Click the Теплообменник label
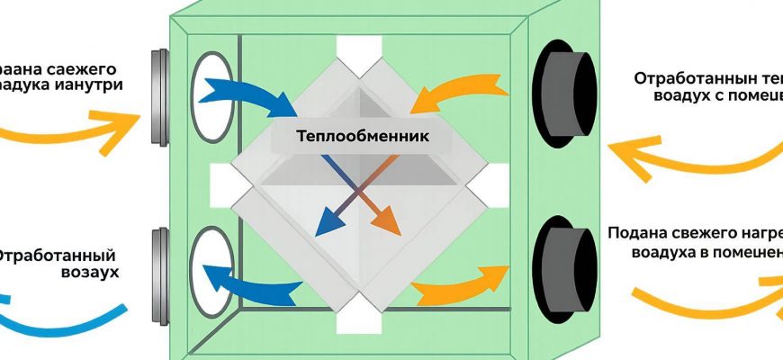(x=361, y=137)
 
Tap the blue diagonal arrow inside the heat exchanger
(x=337, y=202)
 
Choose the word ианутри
(x=89, y=85)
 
